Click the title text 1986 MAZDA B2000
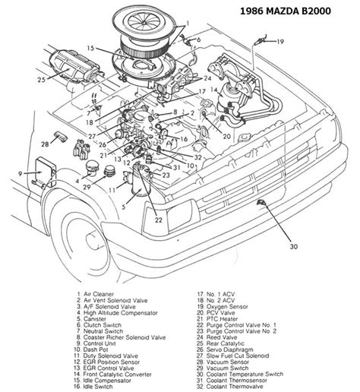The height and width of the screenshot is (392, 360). click(285, 11)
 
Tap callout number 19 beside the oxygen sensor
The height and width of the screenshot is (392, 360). click(280, 42)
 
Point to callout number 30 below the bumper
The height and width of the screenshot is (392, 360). click(294, 246)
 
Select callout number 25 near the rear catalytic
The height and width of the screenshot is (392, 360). click(41, 80)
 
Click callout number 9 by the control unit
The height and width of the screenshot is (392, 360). click(21, 174)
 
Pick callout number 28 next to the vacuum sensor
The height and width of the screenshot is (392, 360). click(45, 144)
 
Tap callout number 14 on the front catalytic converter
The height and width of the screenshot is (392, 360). click(214, 90)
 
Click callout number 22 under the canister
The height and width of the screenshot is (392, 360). click(159, 220)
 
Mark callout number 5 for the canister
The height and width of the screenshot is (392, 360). click(124, 207)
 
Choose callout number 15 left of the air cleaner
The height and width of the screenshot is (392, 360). click(90, 48)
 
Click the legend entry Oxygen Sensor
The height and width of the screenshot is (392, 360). click(227, 307)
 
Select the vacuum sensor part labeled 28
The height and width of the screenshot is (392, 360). click(61, 137)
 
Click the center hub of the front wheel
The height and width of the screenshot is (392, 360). click(92, 241)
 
